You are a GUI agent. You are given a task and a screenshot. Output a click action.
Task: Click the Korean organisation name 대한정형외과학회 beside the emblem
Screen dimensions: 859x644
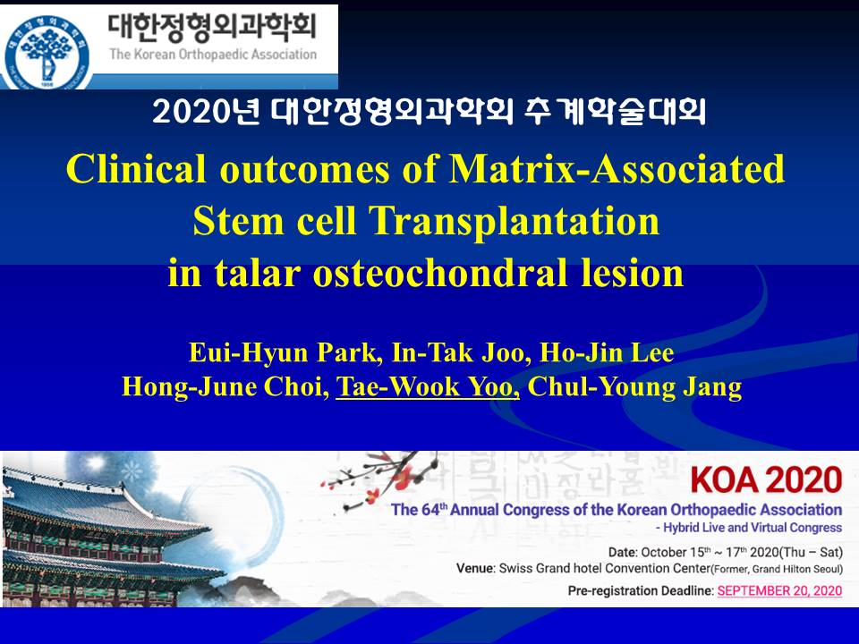212,26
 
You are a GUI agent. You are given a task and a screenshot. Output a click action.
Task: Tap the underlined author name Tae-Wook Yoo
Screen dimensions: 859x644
428,386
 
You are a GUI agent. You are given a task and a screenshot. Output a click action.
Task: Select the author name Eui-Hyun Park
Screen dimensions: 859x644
285,352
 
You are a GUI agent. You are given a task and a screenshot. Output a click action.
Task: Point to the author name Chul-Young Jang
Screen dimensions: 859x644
634,386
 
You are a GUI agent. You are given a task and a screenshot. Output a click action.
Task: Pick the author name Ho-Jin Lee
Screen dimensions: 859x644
607,352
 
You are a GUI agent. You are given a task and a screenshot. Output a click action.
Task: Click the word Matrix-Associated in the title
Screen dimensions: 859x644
617,169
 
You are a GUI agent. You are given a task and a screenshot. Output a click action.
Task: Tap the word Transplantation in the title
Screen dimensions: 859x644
514,220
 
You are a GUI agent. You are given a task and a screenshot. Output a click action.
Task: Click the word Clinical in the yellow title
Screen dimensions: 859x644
136,169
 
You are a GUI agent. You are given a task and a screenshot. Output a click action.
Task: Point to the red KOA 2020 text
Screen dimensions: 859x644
766,479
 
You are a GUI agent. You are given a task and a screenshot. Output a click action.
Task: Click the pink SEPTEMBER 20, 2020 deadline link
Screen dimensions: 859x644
779,590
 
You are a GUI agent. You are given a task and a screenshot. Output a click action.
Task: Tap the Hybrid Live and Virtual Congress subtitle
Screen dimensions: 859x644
749,528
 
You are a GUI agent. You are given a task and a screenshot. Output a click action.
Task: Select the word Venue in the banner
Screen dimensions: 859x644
474,569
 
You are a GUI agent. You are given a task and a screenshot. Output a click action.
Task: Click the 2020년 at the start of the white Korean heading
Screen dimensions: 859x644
206,112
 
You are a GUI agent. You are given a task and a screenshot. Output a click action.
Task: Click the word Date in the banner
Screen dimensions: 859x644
622,552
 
